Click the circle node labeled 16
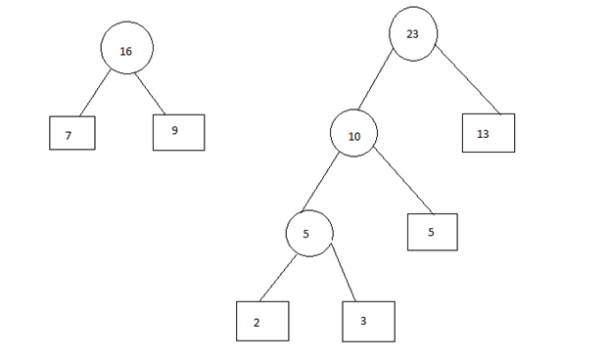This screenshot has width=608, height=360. click(x=126, y=50)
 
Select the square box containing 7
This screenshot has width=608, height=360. click(x=71, y=133)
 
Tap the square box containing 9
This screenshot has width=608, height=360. click(x=178, y=132)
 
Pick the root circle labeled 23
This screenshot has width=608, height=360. click(x=413, y=34)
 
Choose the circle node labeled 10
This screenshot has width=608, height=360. click(x=353, y=136)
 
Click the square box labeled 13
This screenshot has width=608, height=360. click(x=488, y=133)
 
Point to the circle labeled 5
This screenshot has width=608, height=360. click(x=309, y=234)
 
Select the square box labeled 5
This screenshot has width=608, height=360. click(x=432, y=231)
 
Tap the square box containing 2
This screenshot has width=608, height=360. click(x=262, y=320)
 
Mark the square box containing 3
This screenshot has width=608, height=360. click(x=368, y=320)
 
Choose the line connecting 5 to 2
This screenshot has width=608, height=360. click(x=277, y=278)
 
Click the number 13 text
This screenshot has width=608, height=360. click(x=483, y=134)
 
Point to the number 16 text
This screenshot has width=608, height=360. click(x=125, y=51)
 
